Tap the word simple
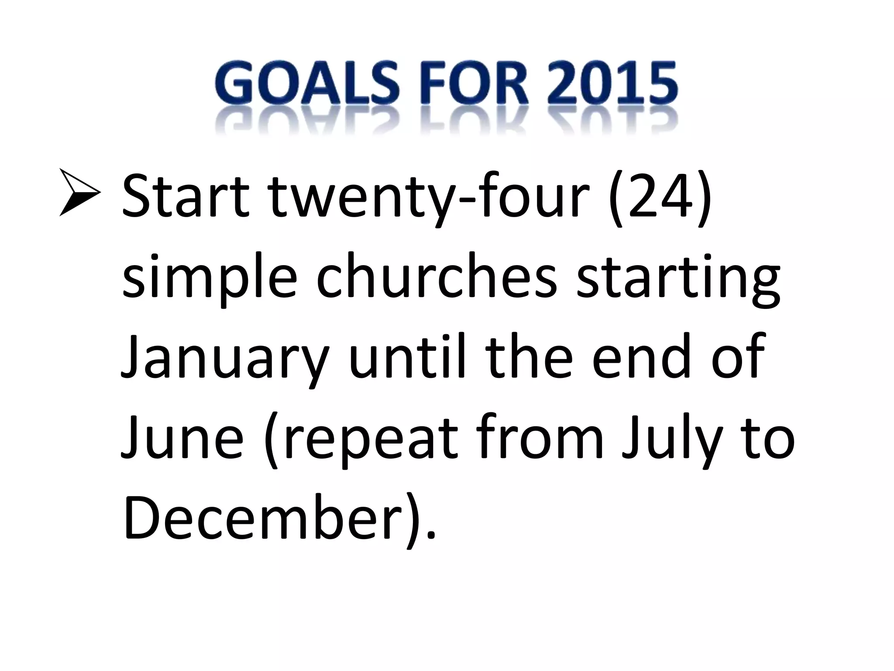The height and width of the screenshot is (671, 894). coord(209,280)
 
